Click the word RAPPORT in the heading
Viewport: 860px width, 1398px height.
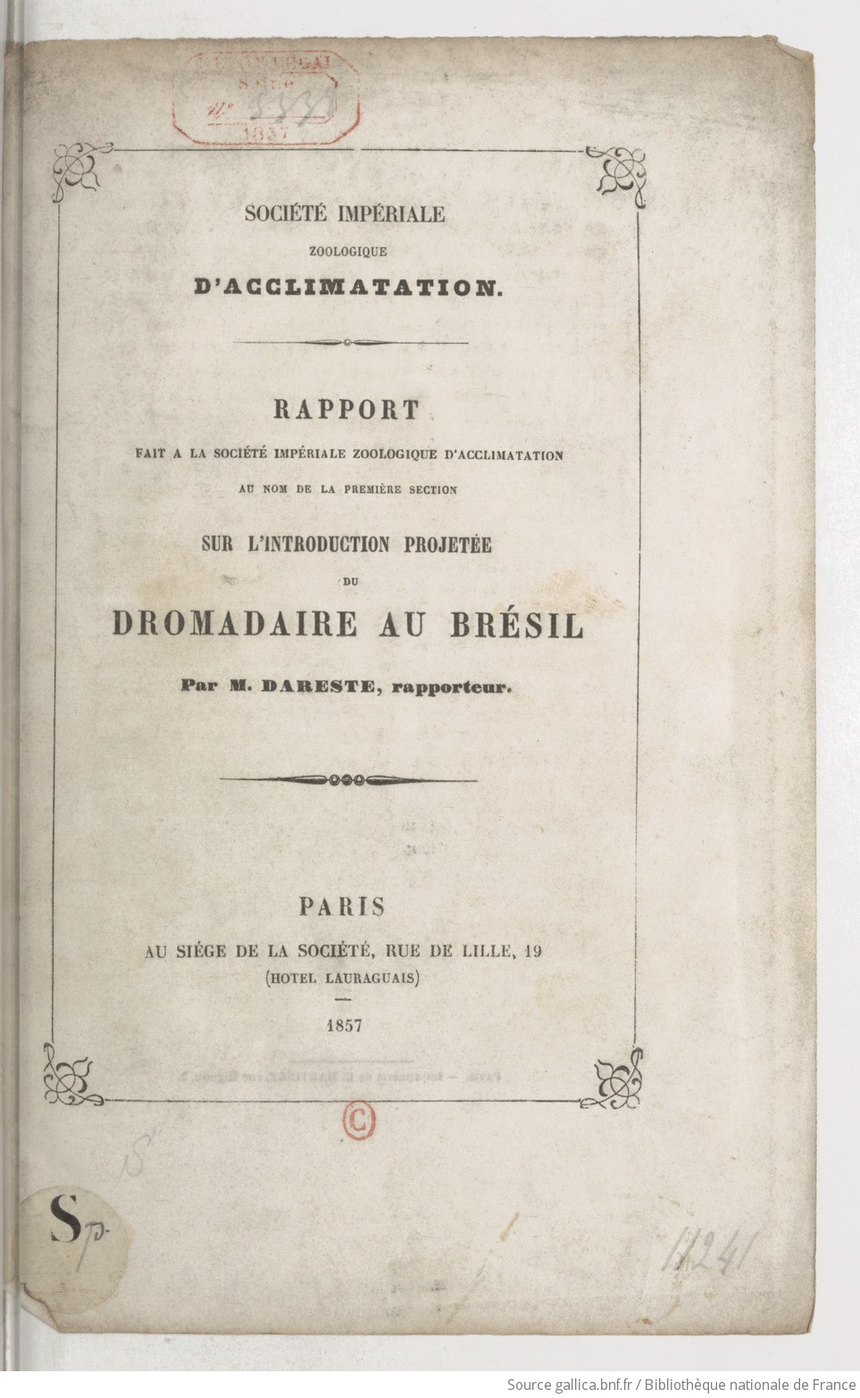click(x=346, y=410)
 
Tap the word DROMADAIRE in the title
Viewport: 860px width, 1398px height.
click(x=235, y=624)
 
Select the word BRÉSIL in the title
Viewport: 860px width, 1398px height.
click(x=517, y=624)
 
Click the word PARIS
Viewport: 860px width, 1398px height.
click(x=342, y=907)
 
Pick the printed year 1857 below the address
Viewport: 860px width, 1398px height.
click(x=344, y=1025)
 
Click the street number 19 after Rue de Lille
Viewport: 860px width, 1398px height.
click(x=532, y=952)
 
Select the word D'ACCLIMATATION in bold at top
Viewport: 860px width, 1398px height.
click(x=348, y=287)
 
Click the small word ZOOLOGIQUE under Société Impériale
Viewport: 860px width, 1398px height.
click(x=348, y=252)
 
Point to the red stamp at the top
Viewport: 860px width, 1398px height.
click(x=265, y=96)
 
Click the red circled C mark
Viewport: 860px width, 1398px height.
click(x=359, y=1122)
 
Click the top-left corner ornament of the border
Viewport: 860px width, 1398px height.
click(x=80, y=169)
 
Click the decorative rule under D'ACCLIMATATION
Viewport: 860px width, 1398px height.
click(x=349, y=342)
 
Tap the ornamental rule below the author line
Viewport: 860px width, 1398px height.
click(x=348, y=779)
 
